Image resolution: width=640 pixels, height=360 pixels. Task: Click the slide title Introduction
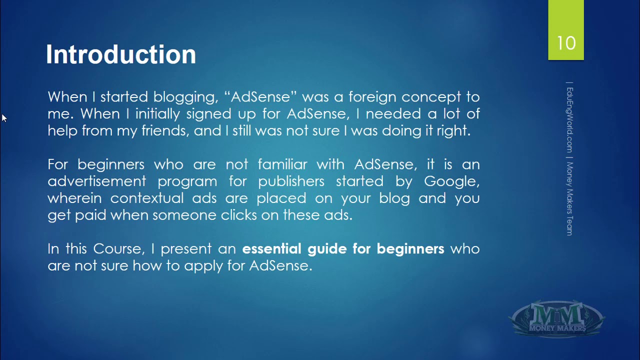[x=121, y=54]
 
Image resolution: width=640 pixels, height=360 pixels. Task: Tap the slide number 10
[x=566, y=43]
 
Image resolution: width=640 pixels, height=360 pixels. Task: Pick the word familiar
[x=282, y=164]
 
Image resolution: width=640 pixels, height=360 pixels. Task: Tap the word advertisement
[x=97, y=181]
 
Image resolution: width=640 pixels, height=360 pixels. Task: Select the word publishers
[x=291, y=182]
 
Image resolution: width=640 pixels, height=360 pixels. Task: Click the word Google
[x=451, y=182]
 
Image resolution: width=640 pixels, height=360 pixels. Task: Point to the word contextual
[x=147, y=198]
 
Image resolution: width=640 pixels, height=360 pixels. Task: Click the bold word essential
[x=271, y=249]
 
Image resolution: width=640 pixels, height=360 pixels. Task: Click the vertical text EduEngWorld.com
[x=569, y=120]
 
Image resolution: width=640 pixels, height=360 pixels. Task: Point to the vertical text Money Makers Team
[x=569, y=199]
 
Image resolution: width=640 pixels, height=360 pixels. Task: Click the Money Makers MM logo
[x=556, y=318]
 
